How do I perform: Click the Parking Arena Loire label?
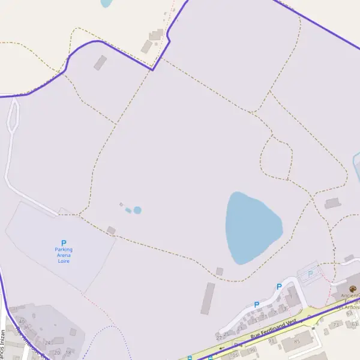64,255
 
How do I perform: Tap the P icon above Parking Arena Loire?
64,243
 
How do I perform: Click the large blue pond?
252,228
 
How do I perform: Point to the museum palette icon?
352,289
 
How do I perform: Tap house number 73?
335,325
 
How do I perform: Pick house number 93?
271,340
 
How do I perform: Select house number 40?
21,321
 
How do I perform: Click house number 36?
26,327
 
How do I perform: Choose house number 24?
47,343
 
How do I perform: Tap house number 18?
68,353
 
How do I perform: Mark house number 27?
219,338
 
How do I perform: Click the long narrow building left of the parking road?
208,298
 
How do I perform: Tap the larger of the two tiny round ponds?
137,210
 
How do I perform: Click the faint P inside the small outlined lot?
310,274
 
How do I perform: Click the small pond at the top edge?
106,2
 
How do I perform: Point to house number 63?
355,324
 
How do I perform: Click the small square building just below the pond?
220,272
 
